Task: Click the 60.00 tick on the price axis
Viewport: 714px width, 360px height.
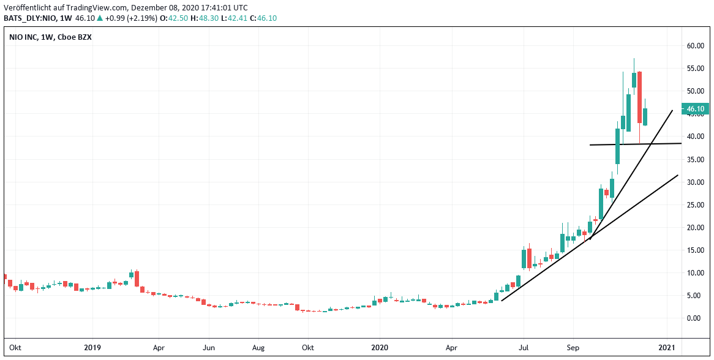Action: [x=696, y=46]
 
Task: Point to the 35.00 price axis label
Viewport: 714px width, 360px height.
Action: [x=696, y=159]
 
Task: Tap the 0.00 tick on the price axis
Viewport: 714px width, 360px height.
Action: [x=697, y=318]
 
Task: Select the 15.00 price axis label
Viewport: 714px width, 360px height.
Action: [x=696, y=250]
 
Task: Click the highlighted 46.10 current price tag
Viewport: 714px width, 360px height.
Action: [x=696, y=109]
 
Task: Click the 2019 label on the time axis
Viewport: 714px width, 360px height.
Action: [x=92, y=348]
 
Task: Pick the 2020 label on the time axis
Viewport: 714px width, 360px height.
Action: [x=380, y=348]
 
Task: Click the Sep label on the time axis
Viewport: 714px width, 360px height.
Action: [x=573, y=348]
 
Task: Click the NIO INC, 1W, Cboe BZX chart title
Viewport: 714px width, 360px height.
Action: [x=51, y=38]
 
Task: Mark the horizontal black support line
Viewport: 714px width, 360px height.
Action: [x=636, y=144]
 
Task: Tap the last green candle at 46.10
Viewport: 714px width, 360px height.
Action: [x=645, y=116]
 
